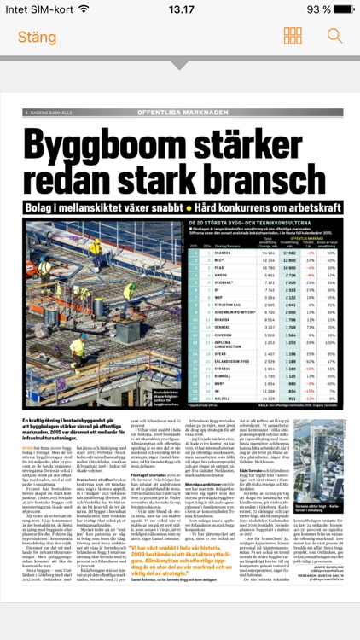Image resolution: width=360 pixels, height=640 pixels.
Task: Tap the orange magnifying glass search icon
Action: [x=334, y=37]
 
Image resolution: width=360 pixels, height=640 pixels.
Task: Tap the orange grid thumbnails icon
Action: [x=293, y=37]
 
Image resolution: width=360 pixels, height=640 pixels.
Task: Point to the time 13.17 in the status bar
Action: [x=180, y=9]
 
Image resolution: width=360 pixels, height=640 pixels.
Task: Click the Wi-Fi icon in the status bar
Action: [x=83, y=9]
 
